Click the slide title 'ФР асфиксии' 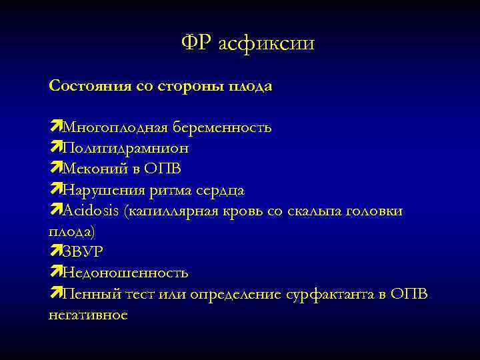(x=247, y=44)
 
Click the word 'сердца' (x=221, y=191)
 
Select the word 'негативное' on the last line (x=87, y=315)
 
